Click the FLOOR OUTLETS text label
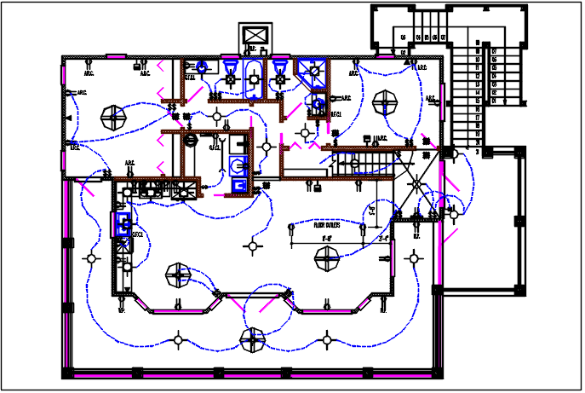click(327, 226)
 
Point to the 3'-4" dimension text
click(383, 239)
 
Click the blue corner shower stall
click(311, 71)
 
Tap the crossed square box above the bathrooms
click(255, 36)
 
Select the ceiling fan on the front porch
click(251, 341)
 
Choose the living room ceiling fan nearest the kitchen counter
click(177, 275)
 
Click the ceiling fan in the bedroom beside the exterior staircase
click(388, 103)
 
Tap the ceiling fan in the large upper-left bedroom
click(111, 113)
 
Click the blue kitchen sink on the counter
click(123, 224)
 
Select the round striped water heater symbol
click(192, 139)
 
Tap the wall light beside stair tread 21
click(456, 153)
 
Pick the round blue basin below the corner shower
click(317, 105)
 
